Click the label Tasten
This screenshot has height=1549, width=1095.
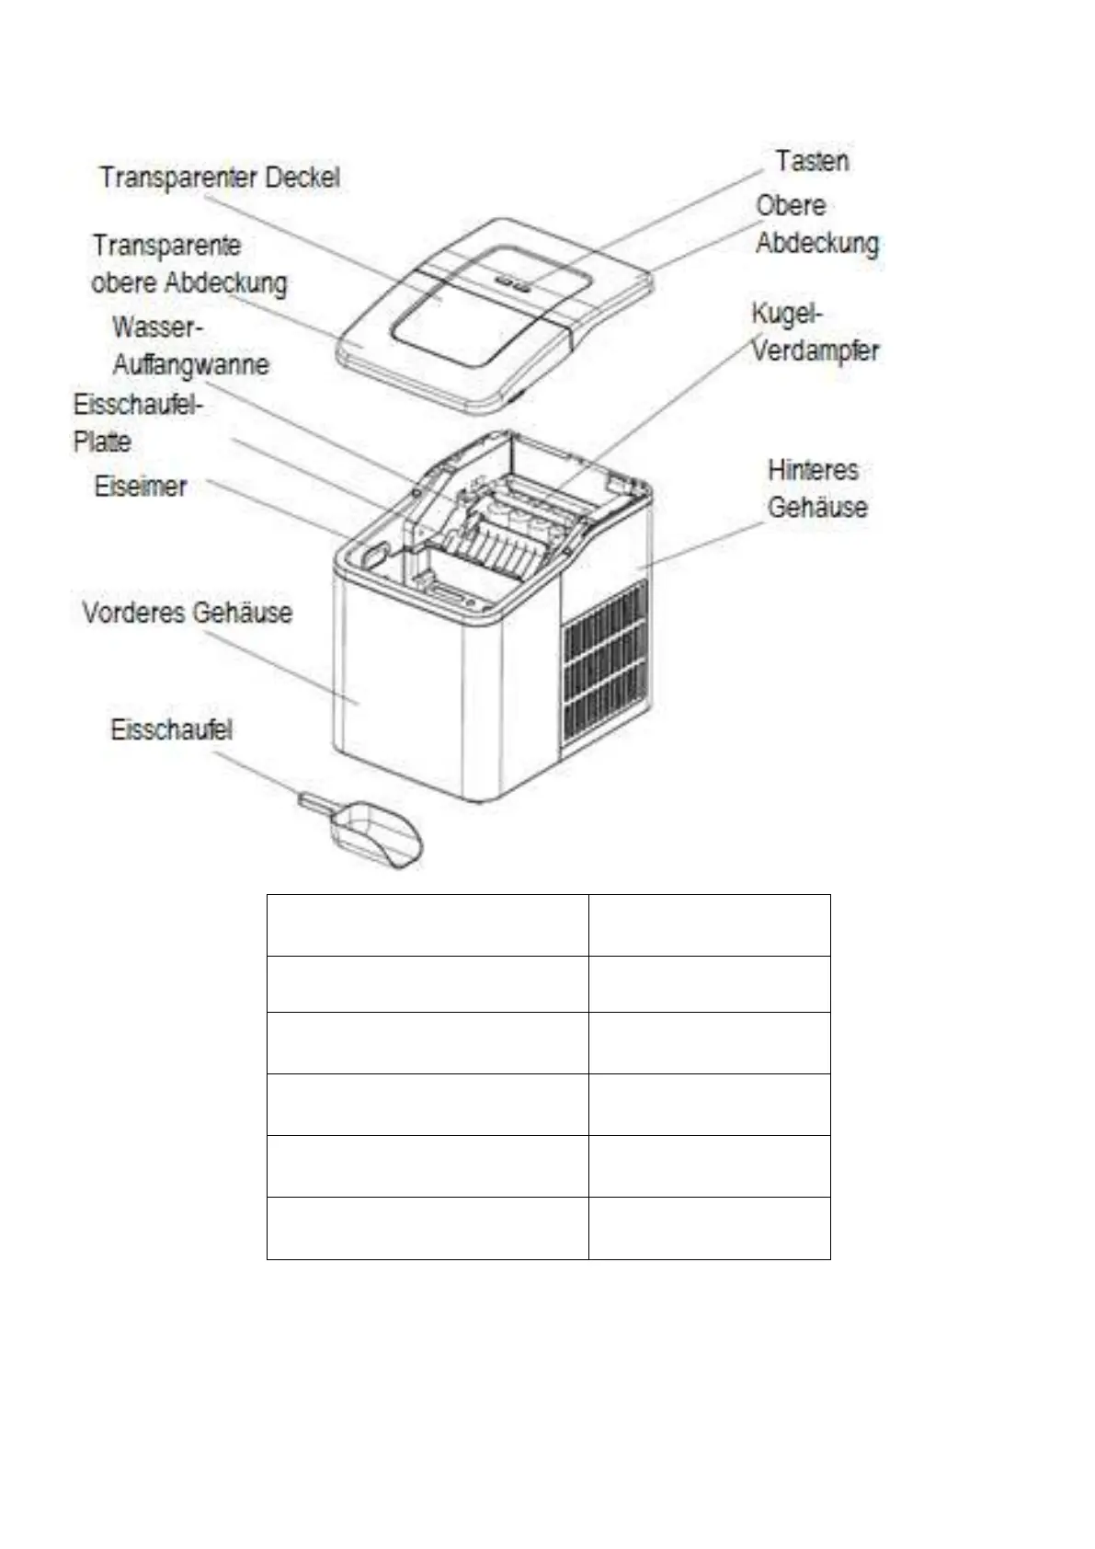pyautogui.click(x=811, y=161)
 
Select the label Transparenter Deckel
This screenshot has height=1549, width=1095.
pyautogui.click(x=219, y=177)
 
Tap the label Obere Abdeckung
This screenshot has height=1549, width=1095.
pyautogui.click(x=816, y=224)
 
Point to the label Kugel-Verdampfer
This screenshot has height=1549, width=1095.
pyautogui.click(x=815, y=332)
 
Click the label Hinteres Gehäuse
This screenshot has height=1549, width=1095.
pyautogui.click(x=816, y=488)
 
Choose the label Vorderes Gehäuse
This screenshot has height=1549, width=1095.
pyautogui.click(x=187, y=613)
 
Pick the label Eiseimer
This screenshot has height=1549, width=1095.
pyautogui.click(x=140, y=487)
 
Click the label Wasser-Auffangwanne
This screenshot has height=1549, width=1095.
pyautogui.click(x=189, y=346)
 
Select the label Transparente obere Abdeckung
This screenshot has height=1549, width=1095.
pyautogui.click(x=188, y=264)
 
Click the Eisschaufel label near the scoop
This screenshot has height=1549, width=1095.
pyautogui.click(x=171, y=730)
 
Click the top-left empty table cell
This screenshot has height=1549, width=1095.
pyautogui.click(x=427, y=925)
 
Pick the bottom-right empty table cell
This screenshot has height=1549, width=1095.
pyautogui.click(x=709, y=1228)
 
